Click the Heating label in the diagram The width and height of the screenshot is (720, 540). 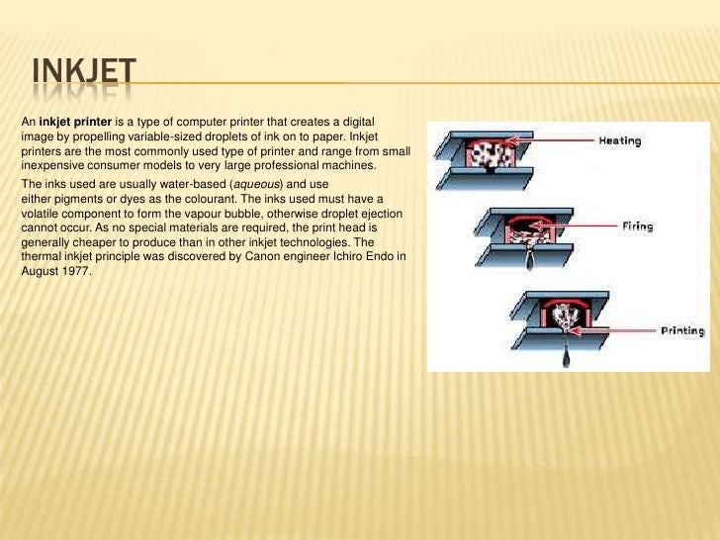pyautogui.click(x=619, y=140)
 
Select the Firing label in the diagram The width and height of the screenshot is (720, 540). pyautogui.click(x=637, y=226)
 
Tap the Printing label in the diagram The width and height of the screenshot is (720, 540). pyautogui.click(x=683, y=329)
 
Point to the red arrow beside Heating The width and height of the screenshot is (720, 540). pyautogui.click(x=543, y=141)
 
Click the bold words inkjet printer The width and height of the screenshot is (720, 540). pyautogui.click(x=76, y=120)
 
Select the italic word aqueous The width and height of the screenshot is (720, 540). pyautogui.click(x=254, y=185)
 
